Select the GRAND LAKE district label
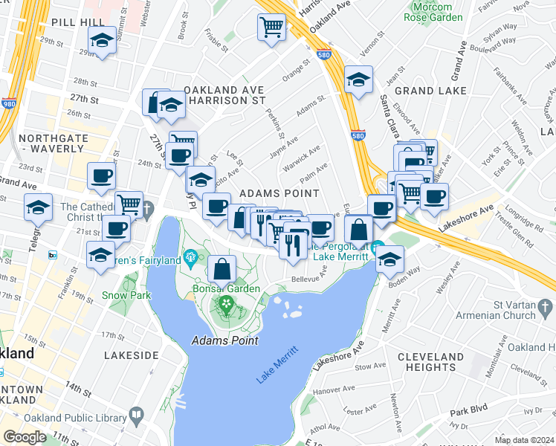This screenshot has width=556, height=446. click(x=430, y=91)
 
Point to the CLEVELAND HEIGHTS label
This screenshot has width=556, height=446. click(x=436, y=362)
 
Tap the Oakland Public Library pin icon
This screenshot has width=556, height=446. click(x=136, y=414)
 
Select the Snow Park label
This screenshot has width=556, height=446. click(x=121, y=295)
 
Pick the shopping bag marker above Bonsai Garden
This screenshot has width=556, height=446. click(x=222, y=268)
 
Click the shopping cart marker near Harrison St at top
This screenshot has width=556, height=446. click(x=271, y=28)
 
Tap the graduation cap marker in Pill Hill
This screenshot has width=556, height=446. click(x=102, y=42)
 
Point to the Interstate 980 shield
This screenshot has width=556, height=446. click(x=9, y=104)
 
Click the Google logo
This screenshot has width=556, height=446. click(x=25, y=437)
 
